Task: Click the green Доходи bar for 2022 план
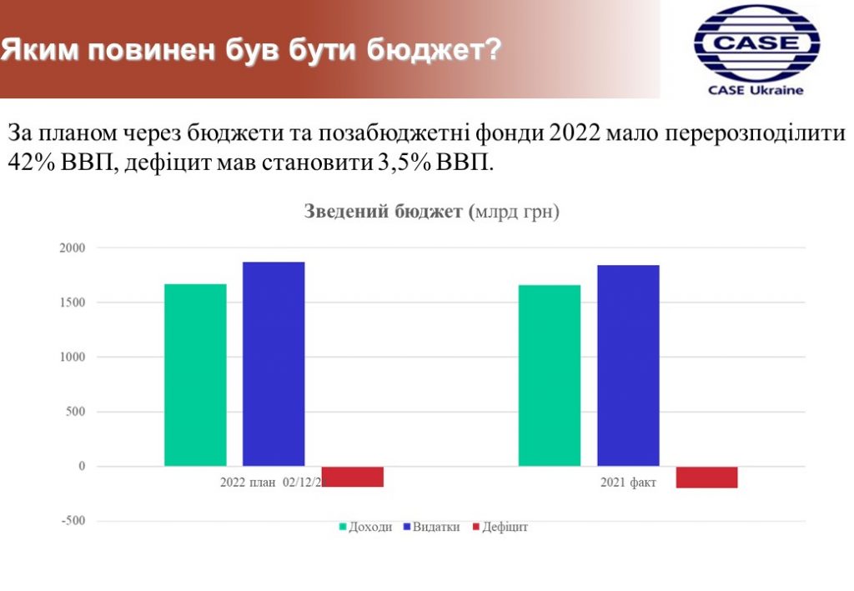point(195,375)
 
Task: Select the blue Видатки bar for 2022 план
point(274,364)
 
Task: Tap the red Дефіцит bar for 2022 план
point(353,477)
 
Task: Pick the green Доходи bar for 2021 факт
point(550,375)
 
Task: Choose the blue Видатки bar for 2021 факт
point(629,366)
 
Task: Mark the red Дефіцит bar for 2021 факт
point(707,478)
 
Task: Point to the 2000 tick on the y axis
point(73,248)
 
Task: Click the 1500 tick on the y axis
point(73,303)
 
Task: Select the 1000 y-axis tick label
point(73,357)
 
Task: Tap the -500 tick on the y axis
point(73,521)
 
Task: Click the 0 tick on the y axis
point(83,466)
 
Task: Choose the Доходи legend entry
point(365,527)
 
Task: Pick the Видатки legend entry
point(431,527)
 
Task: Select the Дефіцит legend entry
point(500,527)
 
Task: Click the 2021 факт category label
point(628,482)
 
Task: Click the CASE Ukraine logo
point(756,50)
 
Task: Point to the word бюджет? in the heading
point(434,50)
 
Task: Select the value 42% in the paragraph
point(31,163)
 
